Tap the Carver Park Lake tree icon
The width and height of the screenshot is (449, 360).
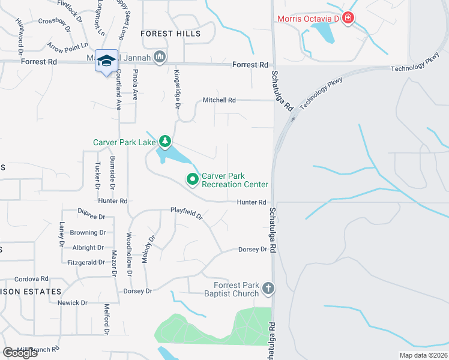[165, 142]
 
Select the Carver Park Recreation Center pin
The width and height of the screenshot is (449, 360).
[193, 179]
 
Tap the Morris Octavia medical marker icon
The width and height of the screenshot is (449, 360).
[348, 19]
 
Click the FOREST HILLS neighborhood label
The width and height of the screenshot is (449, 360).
[170, 34]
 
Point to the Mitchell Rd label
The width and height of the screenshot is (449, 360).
[220, 100]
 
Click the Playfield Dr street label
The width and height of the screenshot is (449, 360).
[187, 212]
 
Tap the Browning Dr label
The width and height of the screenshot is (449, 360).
[88, 232]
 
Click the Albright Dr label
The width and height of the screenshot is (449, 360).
[88, 247]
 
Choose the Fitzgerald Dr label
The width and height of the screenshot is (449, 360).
[86, 262]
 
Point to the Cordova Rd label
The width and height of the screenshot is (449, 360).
[31, 279]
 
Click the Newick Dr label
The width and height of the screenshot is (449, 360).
[72, 303]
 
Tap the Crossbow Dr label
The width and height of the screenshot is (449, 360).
[54, 22]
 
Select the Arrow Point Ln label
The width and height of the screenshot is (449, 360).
[67, 46]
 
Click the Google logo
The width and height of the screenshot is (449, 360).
[20, 353]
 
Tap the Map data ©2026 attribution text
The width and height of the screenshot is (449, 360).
[423, 355]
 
